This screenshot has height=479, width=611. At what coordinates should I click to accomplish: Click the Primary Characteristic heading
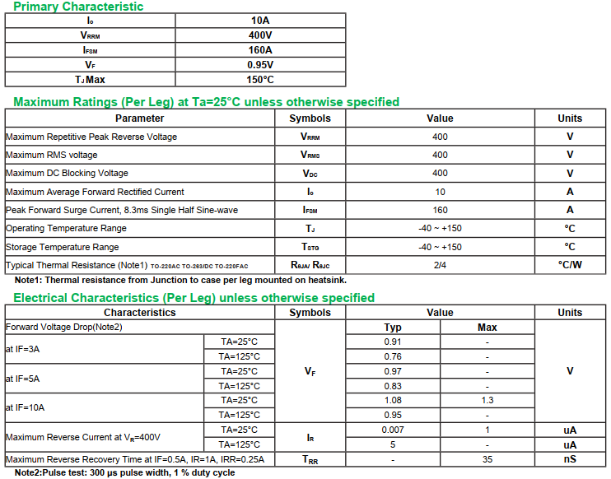pyautogui.click(x=78, y=7)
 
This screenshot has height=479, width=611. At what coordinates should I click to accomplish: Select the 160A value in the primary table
pyautogui.click(x=260, y=49)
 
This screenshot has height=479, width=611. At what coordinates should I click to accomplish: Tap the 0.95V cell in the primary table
pyautogui.click(x=260, y=64)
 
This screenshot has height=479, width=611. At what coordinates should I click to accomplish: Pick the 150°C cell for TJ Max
pyautogui.click(x=260, y=79)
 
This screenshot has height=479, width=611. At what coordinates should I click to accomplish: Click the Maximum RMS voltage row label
pyautogui.click(x=51, y=155)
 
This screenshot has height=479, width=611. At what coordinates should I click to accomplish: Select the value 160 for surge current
pyautogui.click(x=440, y=210)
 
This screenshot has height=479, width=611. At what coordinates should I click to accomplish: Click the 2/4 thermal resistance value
pyautogui.click(x=440, y=265)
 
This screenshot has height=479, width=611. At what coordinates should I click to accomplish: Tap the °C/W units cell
pyautogui.click(x=569, y=265)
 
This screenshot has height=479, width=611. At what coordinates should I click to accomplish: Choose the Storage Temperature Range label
pyautogui.click(x=62, y=247)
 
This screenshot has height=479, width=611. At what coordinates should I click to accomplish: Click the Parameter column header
pyautogui.click(x=139, y=119)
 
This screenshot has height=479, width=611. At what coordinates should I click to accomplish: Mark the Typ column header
pyautogui.click(x=393, y=328)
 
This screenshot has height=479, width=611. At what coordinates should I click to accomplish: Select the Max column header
pyautogui.click(x=487, y=328)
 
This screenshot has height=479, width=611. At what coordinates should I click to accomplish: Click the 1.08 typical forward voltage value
pyautogui.click(x=393, y=400)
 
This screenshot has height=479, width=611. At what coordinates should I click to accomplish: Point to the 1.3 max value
pyautogui.click(x=487, y=400)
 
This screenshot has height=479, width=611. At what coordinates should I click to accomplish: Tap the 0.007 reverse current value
pyautogui.click(x=393, y=430)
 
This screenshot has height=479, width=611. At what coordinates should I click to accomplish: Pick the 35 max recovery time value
pyautogui.click(x=487, y=459)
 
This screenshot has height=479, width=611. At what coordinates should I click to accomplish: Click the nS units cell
pyautogui.click(x=569, y=459)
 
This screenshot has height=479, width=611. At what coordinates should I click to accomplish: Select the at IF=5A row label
pyautogui.click(x=22, y=379)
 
